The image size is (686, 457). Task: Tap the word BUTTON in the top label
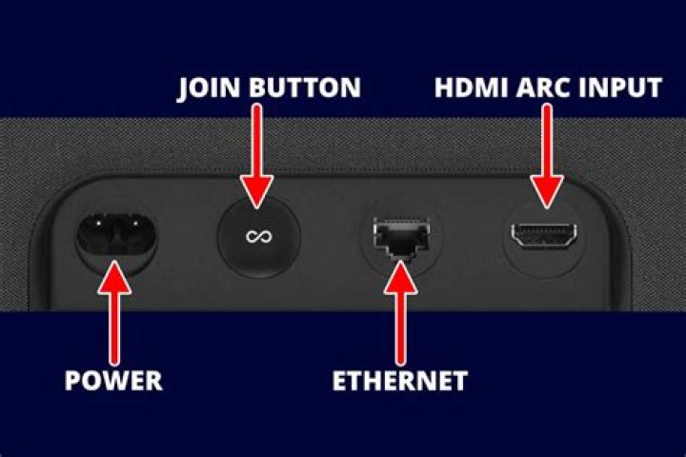(305, 87)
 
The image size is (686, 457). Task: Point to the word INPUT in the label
(620, 87)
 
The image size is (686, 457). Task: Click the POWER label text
(113, 380)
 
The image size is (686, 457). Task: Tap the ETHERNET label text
(400, 380)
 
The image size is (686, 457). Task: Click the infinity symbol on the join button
(259, 236)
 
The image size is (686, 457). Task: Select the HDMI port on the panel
(544, 236)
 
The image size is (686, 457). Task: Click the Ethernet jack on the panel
(402, 237)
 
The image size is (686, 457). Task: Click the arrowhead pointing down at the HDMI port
(547, 191)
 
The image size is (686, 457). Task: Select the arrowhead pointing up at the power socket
(114, 277)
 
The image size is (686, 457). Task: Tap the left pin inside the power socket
(99, 224)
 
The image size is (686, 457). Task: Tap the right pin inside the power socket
(134, 224)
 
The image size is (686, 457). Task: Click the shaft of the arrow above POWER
(114, 328)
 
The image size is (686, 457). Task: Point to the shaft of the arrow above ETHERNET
(400, 328)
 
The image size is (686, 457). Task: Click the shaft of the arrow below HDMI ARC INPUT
(547, 140)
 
